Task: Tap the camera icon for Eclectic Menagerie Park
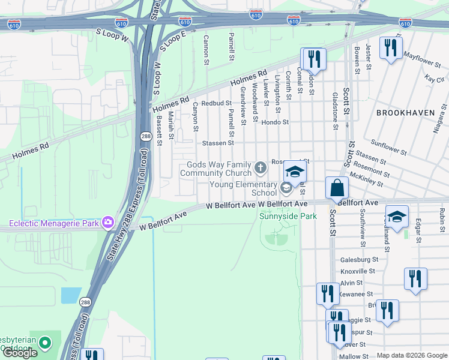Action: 108,223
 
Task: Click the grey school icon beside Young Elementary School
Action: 286,188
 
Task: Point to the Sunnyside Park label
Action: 288,216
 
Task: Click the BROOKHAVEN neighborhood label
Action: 403,113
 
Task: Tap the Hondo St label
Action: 276,122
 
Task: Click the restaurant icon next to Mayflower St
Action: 391,48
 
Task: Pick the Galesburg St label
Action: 359,260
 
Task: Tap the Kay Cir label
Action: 434,79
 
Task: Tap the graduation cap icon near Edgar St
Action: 397,217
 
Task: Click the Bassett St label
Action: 160,131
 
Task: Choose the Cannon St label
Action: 206,50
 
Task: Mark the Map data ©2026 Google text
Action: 412,355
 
